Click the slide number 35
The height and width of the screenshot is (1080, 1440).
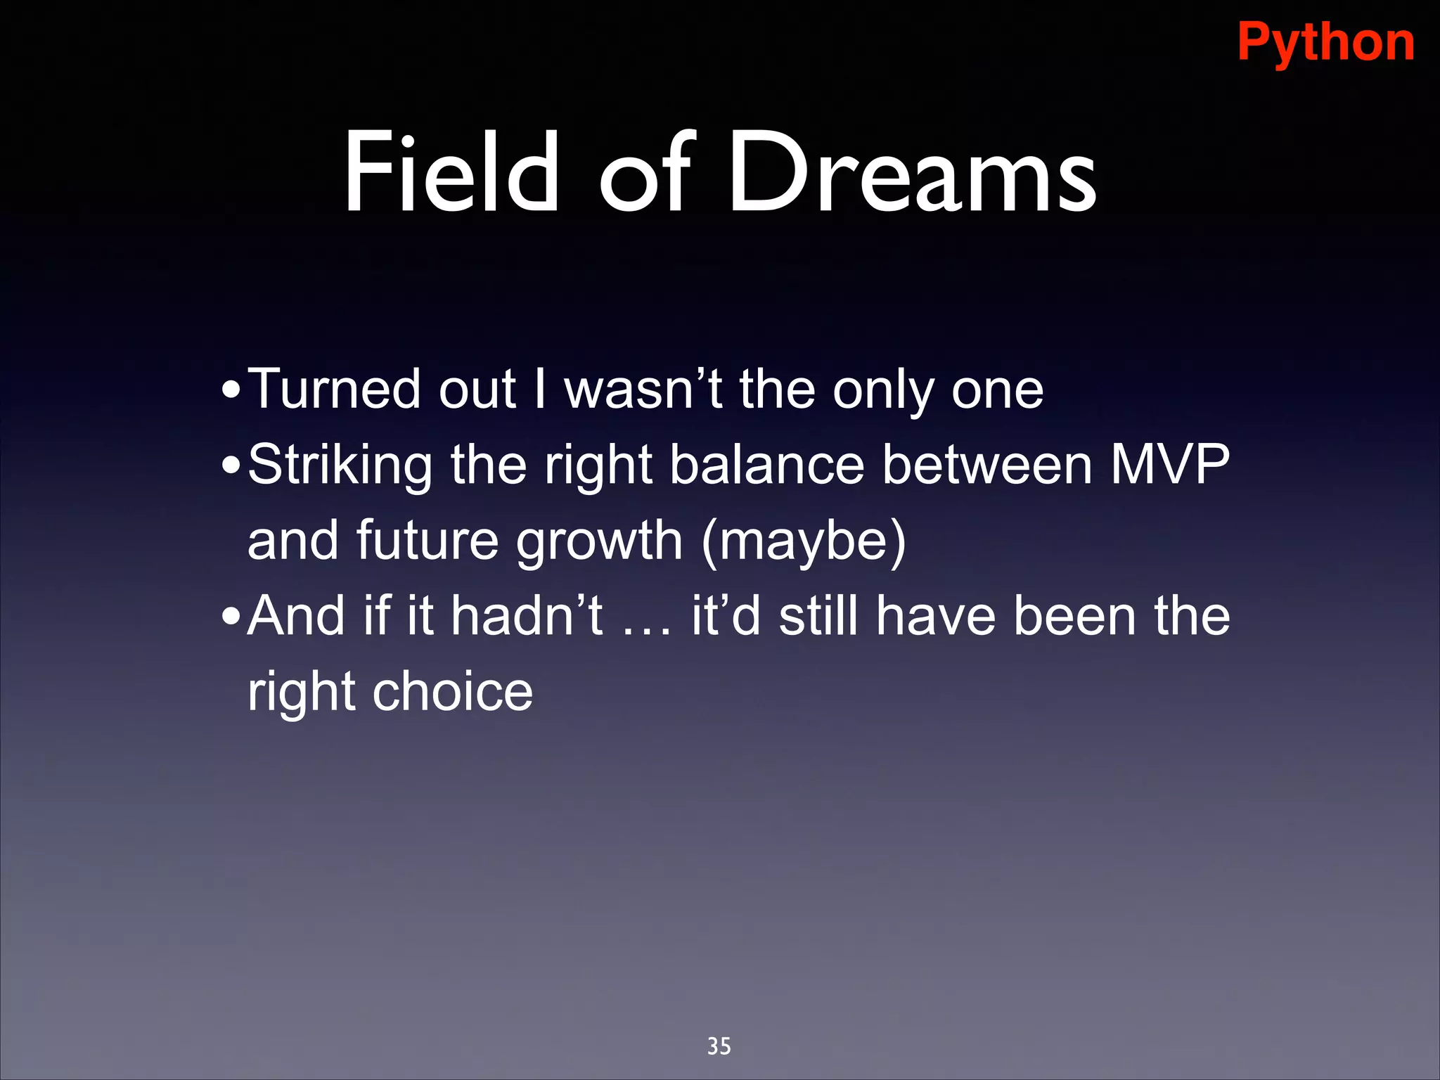pyautogui.click(x=719, y=1046)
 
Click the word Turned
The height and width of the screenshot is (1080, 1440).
pyautogui.click(x=335, y=389)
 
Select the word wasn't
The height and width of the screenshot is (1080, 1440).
pyautogui.click(x=643, y=389)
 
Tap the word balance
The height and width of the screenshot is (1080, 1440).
pyautogui.click(x=766, y=465)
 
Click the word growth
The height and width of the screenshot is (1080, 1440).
pyautogui.click(x=599, y=542)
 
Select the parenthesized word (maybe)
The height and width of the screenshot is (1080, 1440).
pyautogui.click(x=803, y=542)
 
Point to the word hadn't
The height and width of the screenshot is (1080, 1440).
pyautogui.click(x=527, y=616)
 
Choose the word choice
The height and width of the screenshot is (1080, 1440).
pyautogui.click(x=452, y=692)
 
